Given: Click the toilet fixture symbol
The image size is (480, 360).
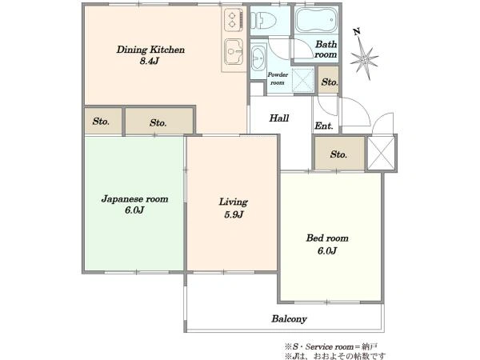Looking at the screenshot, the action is (x=263, y=21).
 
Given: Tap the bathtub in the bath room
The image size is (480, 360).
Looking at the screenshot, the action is (x=316, y=19).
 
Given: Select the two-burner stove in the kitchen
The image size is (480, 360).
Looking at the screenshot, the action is (x=234, y=19).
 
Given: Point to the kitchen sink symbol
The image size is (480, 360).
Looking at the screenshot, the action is (x=234, y=52).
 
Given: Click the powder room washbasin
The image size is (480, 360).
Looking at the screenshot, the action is (x=258, y=58).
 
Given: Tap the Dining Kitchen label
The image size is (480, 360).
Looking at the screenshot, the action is (x=150, y=50).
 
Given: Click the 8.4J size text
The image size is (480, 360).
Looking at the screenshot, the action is (x=150, y=61).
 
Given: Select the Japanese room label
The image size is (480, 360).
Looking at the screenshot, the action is (x=134, y=199).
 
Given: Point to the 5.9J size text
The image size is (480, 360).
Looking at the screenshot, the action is (x=234, y=214).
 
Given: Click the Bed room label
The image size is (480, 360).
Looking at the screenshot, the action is (x=327, y=238).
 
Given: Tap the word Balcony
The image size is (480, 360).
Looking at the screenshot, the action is (x=289, y=319).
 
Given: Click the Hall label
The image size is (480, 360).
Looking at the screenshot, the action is (x=279, y=118).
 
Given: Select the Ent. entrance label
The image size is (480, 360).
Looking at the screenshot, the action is (x=324, y=126).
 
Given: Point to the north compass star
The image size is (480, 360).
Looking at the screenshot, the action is (x=364, y=59).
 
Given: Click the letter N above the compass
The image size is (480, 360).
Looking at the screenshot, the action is (x=357, y=31).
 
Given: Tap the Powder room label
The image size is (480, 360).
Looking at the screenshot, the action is (x=278, y=78).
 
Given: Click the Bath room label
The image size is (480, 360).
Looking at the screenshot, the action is (x=326, y=50).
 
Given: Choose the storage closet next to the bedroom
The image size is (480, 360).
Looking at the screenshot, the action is (x=339, y=154).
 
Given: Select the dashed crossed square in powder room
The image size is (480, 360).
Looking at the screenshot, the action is (x=302, y=80).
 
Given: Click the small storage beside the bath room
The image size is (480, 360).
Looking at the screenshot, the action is (x=329, y=80).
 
